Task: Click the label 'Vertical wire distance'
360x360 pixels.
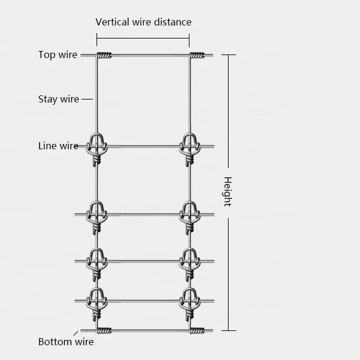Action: click(143, 22)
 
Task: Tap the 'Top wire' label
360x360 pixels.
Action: click(57, 55)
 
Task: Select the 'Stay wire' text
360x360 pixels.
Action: click(58, 99)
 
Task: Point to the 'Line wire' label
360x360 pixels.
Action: click(58, 146)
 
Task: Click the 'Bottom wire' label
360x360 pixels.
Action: click(66, 342)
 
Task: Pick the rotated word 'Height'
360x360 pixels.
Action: click(227, 191)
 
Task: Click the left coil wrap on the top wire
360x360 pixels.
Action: click(104, 56)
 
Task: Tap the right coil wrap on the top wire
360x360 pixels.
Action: click(197, 56)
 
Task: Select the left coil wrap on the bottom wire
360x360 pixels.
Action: click(104, 330)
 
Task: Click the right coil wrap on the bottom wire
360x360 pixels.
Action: click(197, 330)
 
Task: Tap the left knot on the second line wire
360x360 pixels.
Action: click(97, 216)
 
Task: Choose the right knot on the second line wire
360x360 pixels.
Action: click(189, 216)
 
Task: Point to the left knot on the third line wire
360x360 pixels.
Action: click(97, 262)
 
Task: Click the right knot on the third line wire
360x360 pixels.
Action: click(189, 262)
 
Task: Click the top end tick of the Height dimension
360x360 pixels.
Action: click(229, 55)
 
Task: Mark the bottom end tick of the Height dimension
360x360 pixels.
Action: click(229, 330)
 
